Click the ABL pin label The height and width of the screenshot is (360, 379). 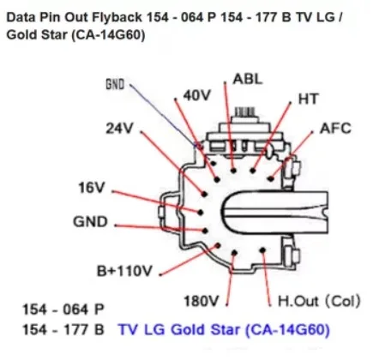tap(247, 79)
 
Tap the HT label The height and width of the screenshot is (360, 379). tap(308, 99)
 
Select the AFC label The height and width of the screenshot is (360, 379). tap(335, 128)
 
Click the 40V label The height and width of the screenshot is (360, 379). tap(197, 95)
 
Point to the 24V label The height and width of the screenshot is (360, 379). tap(119, 129)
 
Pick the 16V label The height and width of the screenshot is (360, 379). tap(92, 188)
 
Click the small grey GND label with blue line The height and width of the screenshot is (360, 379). tap(115, 85)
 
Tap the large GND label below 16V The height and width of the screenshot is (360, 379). tap(90, 222)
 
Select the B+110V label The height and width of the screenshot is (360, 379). tap(124, 271)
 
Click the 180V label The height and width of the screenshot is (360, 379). tap(202, 301)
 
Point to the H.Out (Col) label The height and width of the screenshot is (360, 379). tap(319, 301)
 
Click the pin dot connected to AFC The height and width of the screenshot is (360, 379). tap(271, 179)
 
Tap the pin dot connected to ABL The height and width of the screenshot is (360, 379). tap(233, 171)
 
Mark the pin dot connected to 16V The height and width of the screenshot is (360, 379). tap(200, 213)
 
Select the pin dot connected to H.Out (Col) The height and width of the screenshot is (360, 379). tap(262, 250)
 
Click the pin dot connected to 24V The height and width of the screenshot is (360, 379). tap(204, 194)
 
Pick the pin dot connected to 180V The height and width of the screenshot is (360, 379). tap(234, 253)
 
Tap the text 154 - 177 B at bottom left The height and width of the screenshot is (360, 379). tap(63, 330)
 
